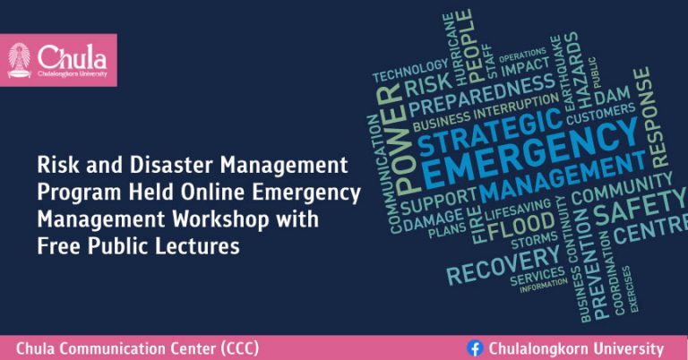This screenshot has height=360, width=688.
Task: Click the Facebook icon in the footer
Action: pos(475,348)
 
